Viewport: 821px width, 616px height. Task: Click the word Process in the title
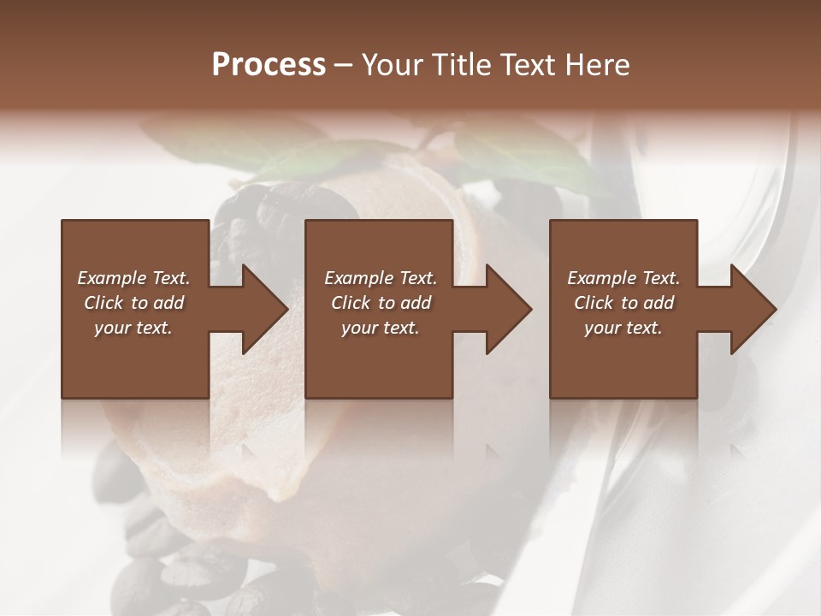[x=269, y=65]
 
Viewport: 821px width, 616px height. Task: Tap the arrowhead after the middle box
[x=504, y=309]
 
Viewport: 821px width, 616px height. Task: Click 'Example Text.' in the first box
[x=133, y=278]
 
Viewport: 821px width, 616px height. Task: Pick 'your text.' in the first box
[x=133, y=328]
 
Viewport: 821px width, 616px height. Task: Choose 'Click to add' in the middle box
[x=381, y=303]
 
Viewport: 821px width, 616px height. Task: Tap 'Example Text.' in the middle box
[x=381, y=278]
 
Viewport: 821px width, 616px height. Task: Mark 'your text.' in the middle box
[x=381, y=328]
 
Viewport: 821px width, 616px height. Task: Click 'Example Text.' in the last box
[x=623, y=278]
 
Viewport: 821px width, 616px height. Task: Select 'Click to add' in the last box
[x=623, y=303]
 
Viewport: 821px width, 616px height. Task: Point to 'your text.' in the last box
[x=623, y=328]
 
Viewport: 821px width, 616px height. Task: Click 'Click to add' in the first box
[x=133, y=303]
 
